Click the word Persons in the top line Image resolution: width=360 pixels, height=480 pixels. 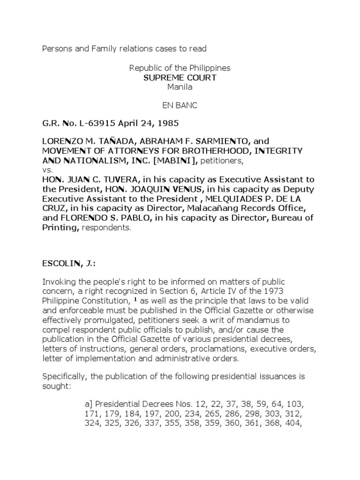click(56, 49)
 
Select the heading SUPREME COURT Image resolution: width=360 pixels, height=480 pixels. click(180, 77)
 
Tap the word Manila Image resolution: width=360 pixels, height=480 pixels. click(180, 86)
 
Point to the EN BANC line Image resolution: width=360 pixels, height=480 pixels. click(180, 105)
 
